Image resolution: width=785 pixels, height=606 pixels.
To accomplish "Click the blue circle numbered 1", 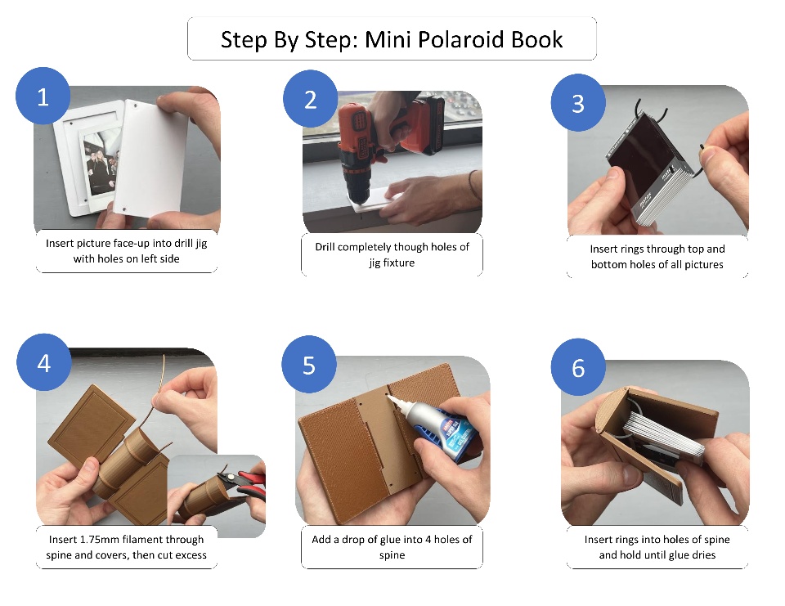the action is point(43,97).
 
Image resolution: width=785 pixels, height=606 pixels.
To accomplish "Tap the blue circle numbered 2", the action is point(311,99).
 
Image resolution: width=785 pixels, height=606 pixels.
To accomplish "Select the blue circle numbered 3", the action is point(578,103).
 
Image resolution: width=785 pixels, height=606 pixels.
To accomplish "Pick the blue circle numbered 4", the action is point(44,362).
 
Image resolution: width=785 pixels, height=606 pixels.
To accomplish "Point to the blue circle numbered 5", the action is point(309,365).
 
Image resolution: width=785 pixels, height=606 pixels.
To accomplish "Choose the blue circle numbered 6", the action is point(578,367).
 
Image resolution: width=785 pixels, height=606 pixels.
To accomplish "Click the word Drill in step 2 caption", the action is point(325,247).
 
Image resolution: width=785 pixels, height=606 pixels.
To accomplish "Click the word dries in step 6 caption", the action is point(703,555).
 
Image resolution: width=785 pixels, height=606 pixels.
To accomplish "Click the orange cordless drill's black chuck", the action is point(356,177).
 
